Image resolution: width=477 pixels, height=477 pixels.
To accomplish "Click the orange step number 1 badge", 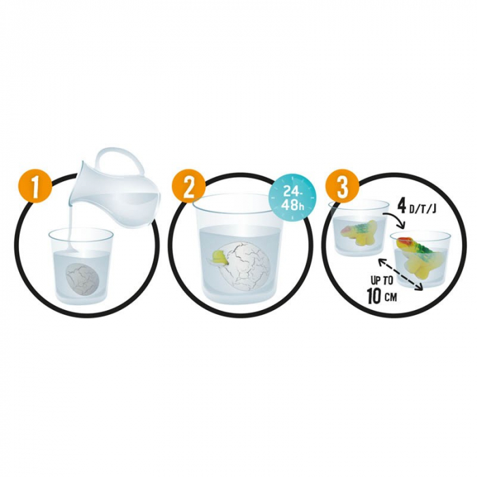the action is click(x=35, y=187).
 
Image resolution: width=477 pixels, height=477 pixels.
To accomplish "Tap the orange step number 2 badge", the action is click(x=188, y=187).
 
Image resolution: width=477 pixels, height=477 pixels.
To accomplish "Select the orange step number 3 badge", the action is click(x=342, y=187).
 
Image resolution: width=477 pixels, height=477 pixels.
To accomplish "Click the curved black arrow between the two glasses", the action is click(x=395, y=219).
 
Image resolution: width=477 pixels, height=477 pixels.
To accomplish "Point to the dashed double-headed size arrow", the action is click(x=400, y=273).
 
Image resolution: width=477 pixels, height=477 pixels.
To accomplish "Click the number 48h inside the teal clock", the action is click(x=292, y=205).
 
